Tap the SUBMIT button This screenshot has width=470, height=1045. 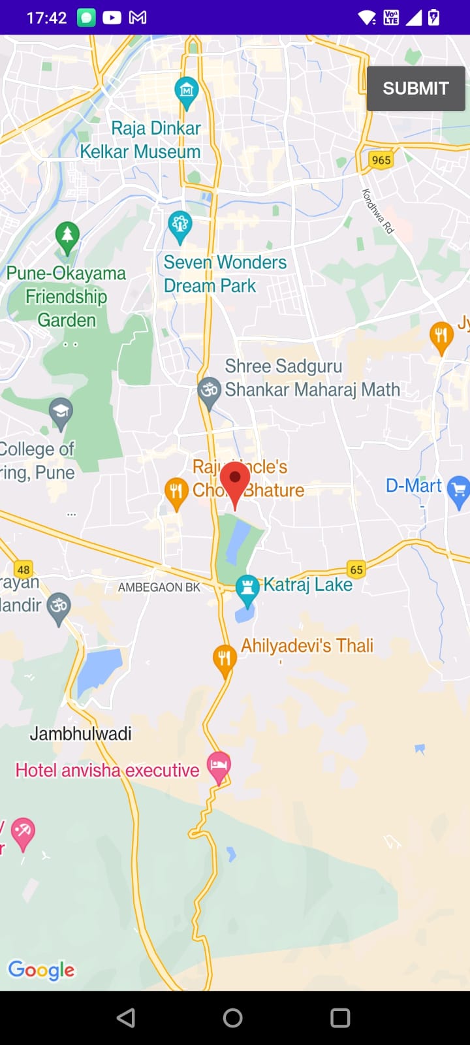point(416,88)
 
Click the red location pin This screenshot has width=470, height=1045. point(235,482)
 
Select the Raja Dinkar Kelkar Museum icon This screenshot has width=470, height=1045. point(187,90)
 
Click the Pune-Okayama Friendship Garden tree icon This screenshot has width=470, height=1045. point(67,235)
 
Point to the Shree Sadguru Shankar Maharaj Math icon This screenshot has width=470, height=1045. point(209,391)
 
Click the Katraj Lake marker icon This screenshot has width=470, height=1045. point(247,588)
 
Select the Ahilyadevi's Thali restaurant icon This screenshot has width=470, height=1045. point(225,658)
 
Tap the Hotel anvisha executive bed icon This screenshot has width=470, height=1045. point(219,765)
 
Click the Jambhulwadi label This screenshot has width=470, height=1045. point(80,733)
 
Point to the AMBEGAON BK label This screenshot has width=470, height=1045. point(159,587)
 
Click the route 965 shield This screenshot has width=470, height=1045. point(381,160)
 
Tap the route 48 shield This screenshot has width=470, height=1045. point(23,570)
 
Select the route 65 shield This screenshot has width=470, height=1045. point(356,570)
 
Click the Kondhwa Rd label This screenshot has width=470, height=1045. point(378,211)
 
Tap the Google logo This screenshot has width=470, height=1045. point(41,970)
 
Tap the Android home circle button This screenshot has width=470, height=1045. point(232,1018)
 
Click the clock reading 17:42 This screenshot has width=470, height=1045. point(46,18)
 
